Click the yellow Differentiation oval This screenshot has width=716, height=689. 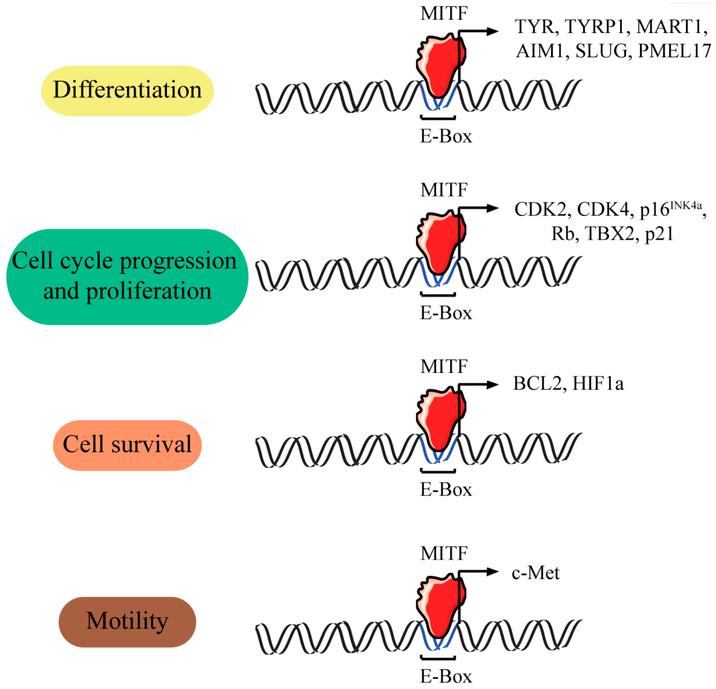click(x=127, y=91)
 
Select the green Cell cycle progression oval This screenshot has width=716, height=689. click(x=127, y=277)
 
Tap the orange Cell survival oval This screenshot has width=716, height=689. click(x=127, y=445)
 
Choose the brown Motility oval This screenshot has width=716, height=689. click(x=127, y=621)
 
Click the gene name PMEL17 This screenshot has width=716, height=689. click(x=674, y=51)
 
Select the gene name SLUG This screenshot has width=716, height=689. click(x=601, y=51)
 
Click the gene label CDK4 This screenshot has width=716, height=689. click(x=603, y=210)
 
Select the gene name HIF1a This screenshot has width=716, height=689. click(x=598, y=384)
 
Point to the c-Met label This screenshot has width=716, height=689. click(x=535, y=573)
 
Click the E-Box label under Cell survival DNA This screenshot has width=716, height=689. click(x=446, y=489)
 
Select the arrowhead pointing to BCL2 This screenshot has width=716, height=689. click(x=493, y=385)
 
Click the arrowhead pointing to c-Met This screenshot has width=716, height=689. click(x=493, y=572)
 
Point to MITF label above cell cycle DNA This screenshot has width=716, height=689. click(x=444, y=190)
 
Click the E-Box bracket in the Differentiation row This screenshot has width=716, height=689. click(x=438, y=117)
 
